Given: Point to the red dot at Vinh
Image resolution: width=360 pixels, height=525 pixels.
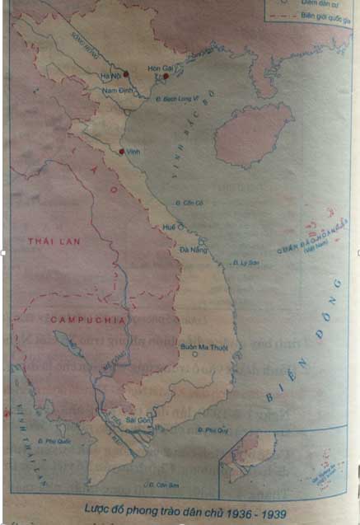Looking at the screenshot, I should pyautogui.click(x=122, y=152).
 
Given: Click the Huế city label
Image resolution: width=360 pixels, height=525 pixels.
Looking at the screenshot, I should pyautogui.click(x=170, y=225).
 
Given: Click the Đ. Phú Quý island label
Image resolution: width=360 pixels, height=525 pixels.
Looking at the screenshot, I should pyautogui.click(x=212, y=430).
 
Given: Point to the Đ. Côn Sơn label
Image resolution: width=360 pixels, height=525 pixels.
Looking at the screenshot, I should pyautogui.click(x=162, y=484).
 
